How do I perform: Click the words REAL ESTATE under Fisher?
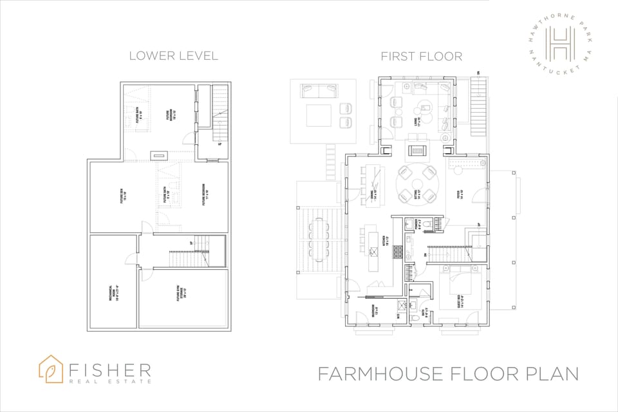click(x=110, y=381)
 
